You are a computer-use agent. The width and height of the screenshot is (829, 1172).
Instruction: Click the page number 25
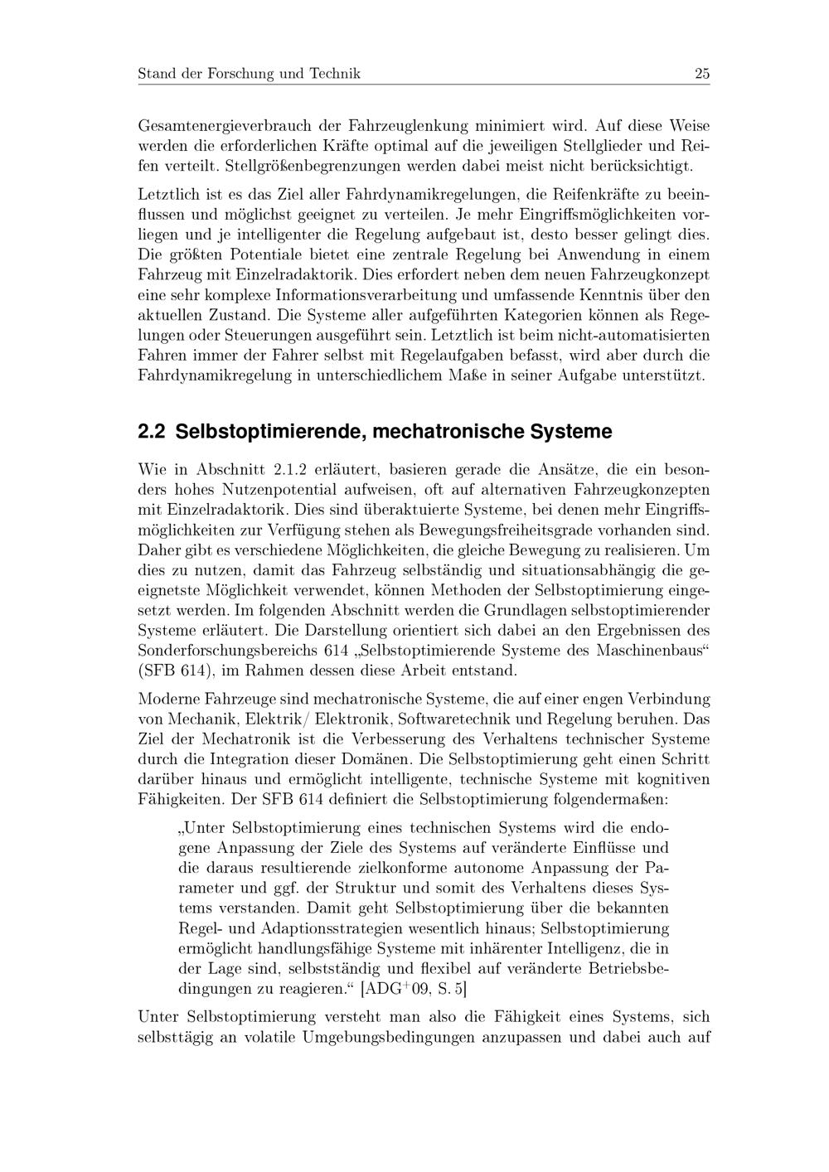click(701, 74)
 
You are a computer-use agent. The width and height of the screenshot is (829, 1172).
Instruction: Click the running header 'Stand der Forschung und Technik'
click(249, 74)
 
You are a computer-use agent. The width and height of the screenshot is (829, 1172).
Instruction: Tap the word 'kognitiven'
click(671, 780)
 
